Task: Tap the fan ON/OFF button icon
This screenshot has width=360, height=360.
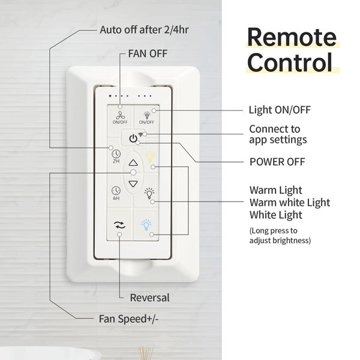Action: tap(120, 115)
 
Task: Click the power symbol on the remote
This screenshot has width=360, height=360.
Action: tap(133, 139)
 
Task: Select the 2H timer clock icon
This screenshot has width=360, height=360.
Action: tap(116, 154)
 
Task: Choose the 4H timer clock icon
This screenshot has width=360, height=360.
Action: tap(116, 191)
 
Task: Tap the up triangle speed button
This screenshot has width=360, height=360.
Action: tap(133, 163)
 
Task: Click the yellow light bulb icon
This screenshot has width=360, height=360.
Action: tap(149, 157)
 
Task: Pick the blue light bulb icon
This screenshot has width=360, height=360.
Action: tap(146, 225)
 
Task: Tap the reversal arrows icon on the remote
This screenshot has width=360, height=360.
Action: tap(119, 225)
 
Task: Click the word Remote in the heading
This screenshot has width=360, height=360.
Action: tap(292, 37)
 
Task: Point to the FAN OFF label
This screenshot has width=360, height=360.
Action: tap(148, 54)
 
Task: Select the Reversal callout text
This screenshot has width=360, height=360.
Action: tap(149, 298)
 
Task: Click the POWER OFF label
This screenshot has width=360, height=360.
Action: tap(277, 162)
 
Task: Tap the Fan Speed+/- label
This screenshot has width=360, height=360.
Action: tap(128, 319)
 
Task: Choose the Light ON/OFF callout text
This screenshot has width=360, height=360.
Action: tap(280, 110)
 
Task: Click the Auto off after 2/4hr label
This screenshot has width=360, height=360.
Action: tap(144, 30)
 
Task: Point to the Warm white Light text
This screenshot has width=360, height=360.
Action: tap(290, 203)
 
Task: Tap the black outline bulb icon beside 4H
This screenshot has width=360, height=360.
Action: tap(149, 193)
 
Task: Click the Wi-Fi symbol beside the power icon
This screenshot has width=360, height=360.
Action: tap(140, 134)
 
